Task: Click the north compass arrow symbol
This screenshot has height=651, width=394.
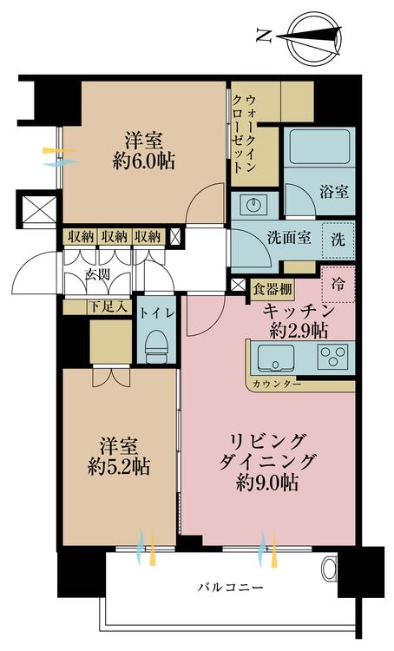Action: [320, 35]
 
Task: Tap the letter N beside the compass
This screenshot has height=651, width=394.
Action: [263, 36]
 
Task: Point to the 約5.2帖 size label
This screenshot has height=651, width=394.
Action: [119, 465]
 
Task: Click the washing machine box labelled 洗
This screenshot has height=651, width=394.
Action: [339, 240]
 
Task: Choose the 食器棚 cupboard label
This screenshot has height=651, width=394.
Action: [273, 290]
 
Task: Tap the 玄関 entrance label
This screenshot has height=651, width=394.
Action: [97, 275]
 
